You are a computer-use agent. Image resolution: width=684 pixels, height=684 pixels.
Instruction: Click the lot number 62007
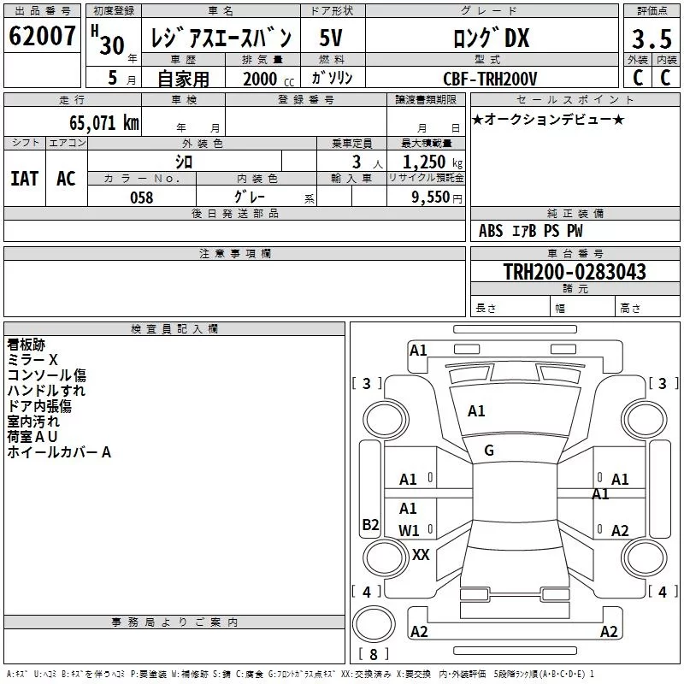tap(42, 36)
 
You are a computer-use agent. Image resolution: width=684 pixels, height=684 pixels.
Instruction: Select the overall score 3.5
tap(652, 38)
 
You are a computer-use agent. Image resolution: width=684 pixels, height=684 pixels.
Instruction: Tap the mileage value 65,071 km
tap(103, 123)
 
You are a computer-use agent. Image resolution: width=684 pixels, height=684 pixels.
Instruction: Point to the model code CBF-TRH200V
tap(490, 79)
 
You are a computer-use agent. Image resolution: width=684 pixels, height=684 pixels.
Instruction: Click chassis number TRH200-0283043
tap(575, 271)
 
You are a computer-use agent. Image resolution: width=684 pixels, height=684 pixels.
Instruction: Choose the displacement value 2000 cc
tap(268, 79)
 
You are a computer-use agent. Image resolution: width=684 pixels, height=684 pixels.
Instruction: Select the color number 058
tap(141, 198)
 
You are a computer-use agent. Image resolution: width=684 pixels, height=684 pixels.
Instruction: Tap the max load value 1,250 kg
tap(433, 162)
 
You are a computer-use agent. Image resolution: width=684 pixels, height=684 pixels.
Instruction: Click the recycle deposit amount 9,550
tap(431, 198)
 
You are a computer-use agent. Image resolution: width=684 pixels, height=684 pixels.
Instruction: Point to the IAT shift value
tap(25, 179)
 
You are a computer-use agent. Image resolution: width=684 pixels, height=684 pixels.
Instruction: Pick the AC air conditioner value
tap(67, 179)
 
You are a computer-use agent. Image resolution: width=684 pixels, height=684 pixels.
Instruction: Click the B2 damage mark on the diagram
tap(370, 524)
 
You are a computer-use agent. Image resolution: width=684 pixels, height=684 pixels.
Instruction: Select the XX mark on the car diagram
tap(421, 555)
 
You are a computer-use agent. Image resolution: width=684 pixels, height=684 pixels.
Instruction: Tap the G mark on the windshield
tap(489, 451)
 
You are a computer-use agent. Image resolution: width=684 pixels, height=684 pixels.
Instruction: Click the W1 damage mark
tap(409, 531)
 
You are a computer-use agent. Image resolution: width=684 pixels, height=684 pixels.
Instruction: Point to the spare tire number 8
tap(374, 654)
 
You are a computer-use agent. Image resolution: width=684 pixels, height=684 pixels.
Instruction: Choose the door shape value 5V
tap(331, 38)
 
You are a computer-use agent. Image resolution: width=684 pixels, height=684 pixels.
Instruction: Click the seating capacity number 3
tap(357, 162)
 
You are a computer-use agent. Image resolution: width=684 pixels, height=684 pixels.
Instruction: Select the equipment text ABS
tap(491, 231)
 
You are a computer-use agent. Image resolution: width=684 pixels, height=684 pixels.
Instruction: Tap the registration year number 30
tap(112, 45)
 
